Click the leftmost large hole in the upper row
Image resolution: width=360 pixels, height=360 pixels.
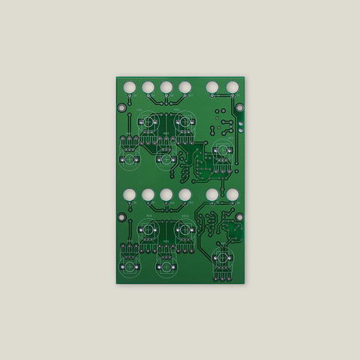point(129,87)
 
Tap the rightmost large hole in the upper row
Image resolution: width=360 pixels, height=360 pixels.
point(232,87)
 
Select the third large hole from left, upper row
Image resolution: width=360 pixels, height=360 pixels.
point(166,87)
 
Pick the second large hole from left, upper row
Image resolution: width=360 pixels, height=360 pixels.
point(148,87)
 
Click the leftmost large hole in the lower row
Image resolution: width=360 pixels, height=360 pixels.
point(129,195)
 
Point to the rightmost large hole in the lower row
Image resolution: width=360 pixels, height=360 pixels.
point(232,195)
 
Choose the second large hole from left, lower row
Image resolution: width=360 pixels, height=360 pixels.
point(148,195)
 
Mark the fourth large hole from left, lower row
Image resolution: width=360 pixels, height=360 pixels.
point(184,195)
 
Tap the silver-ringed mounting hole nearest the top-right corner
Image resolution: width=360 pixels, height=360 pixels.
point(239,107)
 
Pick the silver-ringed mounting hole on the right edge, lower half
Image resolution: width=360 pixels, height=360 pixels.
point(239,217)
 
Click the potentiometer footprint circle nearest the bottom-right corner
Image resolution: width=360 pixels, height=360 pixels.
point(221,259)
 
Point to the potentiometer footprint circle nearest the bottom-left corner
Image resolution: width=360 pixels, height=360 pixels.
point(129,263)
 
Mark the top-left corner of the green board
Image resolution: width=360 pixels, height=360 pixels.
point(116,76)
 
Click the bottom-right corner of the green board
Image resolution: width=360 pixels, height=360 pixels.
point(244,283)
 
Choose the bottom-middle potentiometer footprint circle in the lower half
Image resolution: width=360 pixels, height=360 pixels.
point(166,263)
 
